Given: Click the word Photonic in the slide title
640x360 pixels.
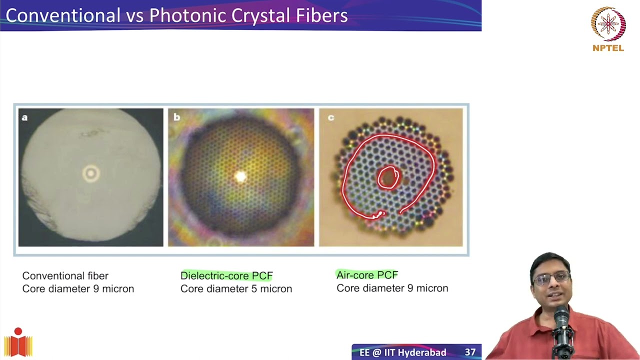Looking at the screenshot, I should coord(184,15).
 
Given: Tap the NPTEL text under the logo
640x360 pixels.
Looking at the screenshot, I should coord(608,48).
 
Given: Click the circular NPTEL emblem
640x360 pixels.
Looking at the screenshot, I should coord(608,23).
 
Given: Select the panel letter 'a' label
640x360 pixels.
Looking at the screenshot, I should coord(25,117).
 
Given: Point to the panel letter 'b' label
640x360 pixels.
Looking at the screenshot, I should coord(176,117).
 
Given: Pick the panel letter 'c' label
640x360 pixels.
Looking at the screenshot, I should coord(330,117).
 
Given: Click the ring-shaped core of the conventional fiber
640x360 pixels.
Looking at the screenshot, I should coord(91,173).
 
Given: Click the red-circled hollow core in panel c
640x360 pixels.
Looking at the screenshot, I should coord(387,177).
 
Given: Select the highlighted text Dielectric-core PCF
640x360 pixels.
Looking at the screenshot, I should coord(226,275).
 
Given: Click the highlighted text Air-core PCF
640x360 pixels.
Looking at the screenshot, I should coord(367,275).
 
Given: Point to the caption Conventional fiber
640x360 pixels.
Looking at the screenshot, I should coord(65,275).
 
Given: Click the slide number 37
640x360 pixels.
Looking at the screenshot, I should coord(470,352).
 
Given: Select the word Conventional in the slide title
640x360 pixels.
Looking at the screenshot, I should coord(63,15).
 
